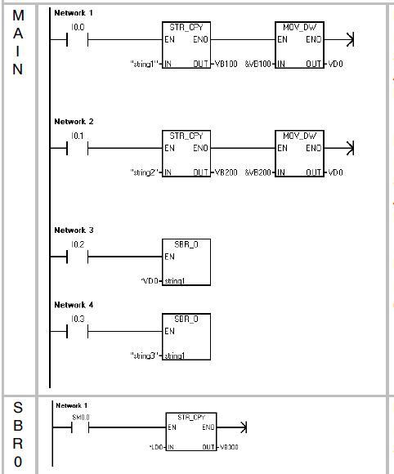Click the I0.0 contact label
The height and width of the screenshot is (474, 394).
(x=78, y=28)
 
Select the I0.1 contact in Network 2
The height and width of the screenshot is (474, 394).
(x=78, y=148)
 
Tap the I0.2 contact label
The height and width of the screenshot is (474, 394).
(x=78, y=244)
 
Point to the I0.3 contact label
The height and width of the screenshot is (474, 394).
(x=78, y=320)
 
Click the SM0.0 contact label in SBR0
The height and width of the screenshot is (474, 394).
(x=81, y=418)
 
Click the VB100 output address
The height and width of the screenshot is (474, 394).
(x=226, y=64)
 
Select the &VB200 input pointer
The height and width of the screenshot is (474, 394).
(x=258, y=172)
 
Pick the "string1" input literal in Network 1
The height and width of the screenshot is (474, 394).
(x=145, y=64)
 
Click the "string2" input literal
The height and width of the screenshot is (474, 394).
(x=145, y=172)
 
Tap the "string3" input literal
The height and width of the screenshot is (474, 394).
(x=145, y=355)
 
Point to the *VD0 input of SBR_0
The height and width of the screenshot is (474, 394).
(x=150, y=281)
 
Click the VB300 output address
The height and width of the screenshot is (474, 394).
(x=229, y=447)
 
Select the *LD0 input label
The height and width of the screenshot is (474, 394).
(x=156, y=447)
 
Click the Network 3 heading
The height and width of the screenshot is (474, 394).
(x=74, y=230)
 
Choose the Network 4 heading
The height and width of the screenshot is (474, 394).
(x=74, y=305)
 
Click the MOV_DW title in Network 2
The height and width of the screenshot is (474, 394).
(x=299, y=136)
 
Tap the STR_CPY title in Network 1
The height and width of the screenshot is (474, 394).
(x=186, y=27)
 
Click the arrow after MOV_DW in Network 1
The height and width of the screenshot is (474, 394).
(x=338, y=39)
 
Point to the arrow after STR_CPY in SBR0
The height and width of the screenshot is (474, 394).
(x=232, y=427)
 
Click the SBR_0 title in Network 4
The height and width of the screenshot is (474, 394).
(x=186, y=320)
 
